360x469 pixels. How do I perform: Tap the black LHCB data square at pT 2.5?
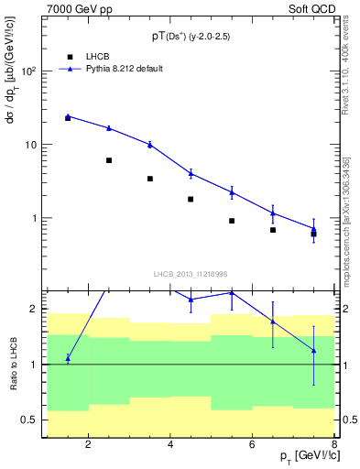tap(108, 160)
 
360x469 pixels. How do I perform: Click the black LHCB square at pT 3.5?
tap(149, 179)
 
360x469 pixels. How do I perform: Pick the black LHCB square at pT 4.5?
tap(191, 199)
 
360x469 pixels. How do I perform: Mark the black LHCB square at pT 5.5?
tap(232, 221)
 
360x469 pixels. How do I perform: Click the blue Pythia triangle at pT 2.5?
tap(108, 128)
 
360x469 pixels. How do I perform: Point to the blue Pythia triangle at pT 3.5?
tap(149, 144)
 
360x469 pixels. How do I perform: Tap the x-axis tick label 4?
tap(170, 446)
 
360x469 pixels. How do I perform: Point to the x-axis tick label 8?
tap(335, 446)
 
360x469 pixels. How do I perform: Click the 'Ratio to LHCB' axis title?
tap(13, 365)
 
